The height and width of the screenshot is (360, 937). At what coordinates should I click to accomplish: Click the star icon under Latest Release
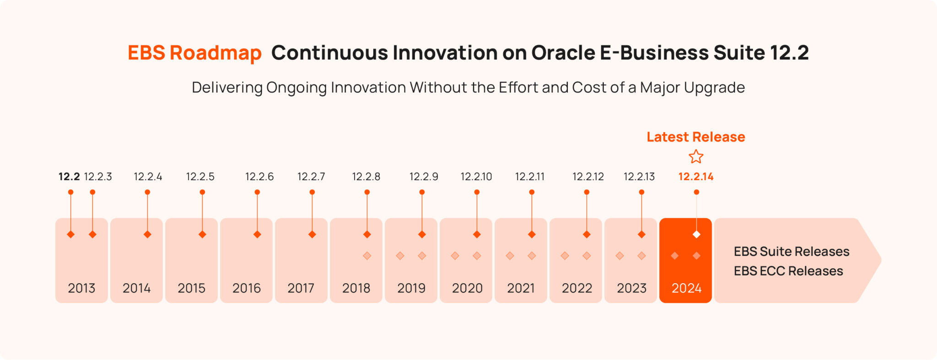click(x=696, y=157)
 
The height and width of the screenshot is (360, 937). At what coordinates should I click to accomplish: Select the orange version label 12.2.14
click(x=695, y=177)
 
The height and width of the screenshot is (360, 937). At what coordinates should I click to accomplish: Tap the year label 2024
click(x=686, y=288)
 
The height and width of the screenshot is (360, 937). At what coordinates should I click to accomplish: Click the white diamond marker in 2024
click(x=696, y=234)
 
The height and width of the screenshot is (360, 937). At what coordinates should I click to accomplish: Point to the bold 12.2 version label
click(x=69, y=177)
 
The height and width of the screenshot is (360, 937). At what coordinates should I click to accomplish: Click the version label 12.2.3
click(x=98, y=177)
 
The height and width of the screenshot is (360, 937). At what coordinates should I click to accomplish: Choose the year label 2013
click(x=81, y=288)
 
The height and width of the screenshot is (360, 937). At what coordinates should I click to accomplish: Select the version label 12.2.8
click(x=366, y=177)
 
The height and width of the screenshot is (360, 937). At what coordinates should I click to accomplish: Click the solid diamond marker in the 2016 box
click(x=257, y=234)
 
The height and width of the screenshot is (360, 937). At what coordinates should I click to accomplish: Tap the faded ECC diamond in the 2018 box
click(x=367, y=256)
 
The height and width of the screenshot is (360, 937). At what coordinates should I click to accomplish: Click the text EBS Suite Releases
click(x=792, y=251)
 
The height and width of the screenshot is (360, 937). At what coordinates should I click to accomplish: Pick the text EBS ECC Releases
click(x=788, y=271)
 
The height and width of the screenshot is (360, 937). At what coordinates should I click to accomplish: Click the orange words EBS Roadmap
click(x=194, y=53)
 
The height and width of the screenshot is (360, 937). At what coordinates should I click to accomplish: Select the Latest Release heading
click(x=695, y=137)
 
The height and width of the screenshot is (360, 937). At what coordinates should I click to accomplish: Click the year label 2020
click(x=467, y=288)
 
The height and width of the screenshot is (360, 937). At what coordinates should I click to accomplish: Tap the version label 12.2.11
click(x=530, y=177)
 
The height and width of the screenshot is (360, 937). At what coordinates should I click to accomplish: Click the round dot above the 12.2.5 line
click(x=202, y=192)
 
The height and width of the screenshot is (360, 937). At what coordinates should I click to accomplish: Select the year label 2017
click(x=301, y=288)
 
